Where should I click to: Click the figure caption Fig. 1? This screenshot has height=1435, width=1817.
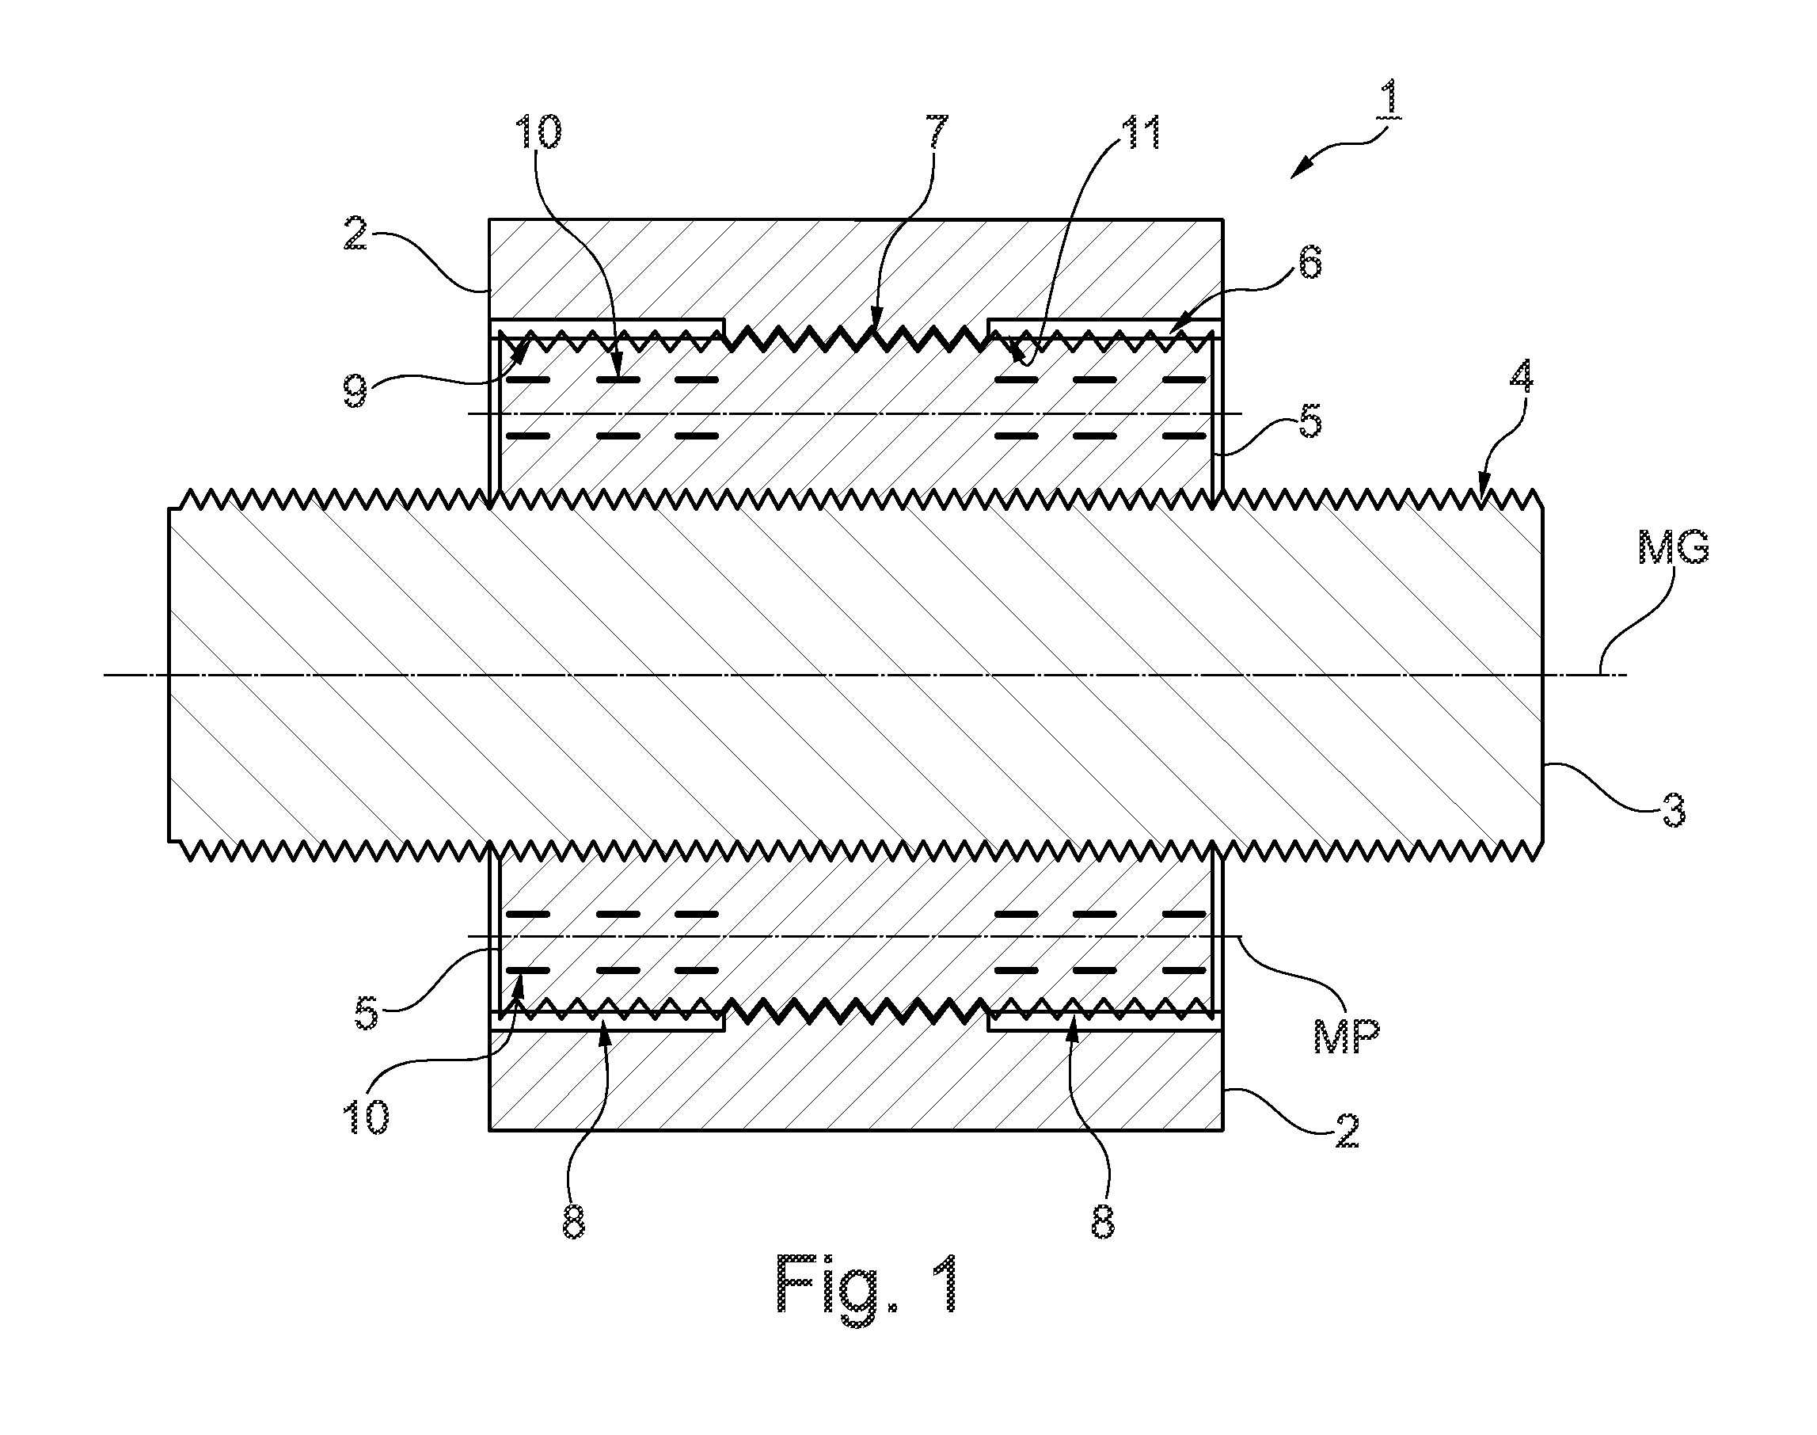coord(866,1284)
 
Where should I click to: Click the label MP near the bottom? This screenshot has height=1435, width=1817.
coord(1347,1036)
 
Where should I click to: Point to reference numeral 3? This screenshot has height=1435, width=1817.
coord(1675,813)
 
